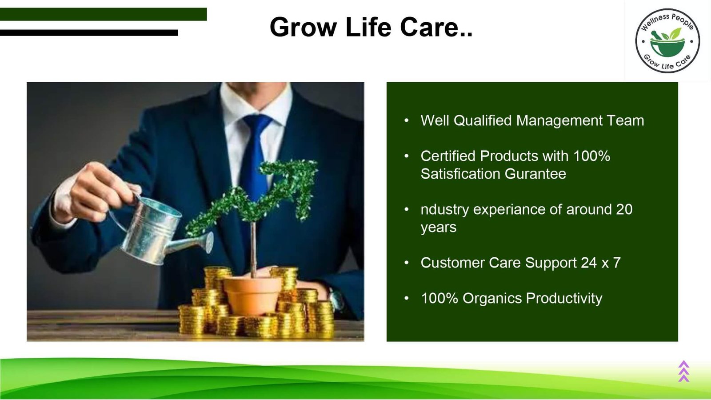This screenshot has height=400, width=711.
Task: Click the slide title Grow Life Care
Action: (371, 27)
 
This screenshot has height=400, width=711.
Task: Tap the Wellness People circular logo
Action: (667, 41)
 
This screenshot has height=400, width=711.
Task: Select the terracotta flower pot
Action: (253, 295)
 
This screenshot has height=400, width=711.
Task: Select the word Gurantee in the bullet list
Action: (535, 174)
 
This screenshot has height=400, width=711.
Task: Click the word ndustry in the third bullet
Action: (444, 210)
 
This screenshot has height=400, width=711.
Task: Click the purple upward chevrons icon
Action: (684, 371)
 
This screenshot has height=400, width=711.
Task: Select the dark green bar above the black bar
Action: (103, 14)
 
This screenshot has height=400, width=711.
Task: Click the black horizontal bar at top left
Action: (89, 33)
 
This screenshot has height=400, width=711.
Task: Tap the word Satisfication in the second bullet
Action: (460, 174)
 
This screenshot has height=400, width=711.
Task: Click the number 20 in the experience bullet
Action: (624, 209)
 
